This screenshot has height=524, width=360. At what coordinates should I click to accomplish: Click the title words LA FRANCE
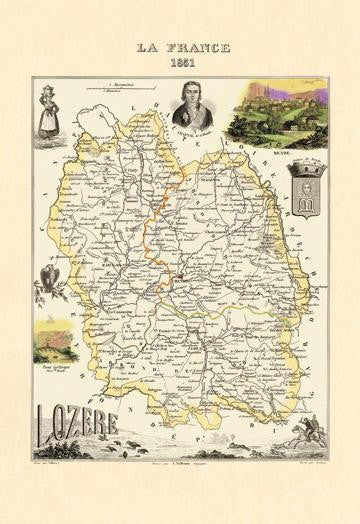coord(180,47)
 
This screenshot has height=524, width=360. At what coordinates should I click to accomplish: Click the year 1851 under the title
coord(180,61)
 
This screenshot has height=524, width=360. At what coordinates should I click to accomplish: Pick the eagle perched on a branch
coord(48,284)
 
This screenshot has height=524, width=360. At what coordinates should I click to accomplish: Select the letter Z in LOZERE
coord(79,421)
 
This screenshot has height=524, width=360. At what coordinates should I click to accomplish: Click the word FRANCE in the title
coord(197,47)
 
